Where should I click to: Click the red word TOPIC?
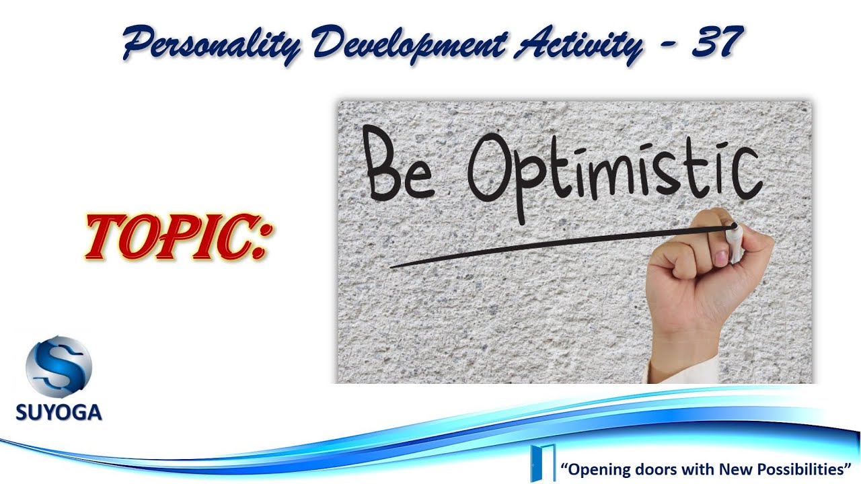[176, 237]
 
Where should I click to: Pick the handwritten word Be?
[397, 163]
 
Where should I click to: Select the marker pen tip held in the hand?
[734, 227]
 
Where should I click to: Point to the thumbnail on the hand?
[720, 258]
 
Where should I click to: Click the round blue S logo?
[59, 368]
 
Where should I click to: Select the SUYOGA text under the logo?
[59, 411]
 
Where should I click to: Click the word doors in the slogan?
[650, 467]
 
